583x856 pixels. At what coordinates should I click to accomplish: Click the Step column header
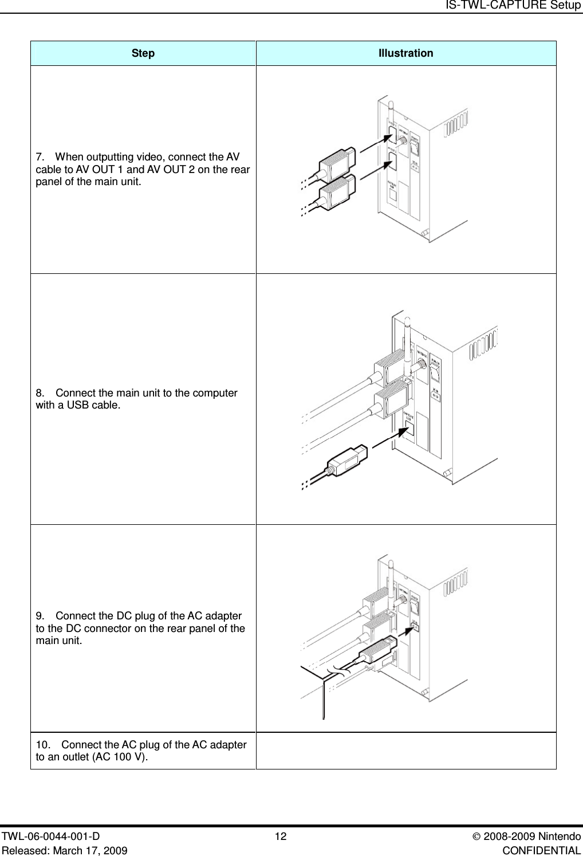[x=143, y=53]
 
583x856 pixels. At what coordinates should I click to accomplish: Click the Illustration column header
[x=405, y=53]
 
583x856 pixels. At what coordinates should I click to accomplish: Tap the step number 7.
[x=39, y=157]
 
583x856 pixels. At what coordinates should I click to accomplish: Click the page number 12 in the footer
[x=281, y=837]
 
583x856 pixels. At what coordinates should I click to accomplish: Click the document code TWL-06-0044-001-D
[x=50, y=837]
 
